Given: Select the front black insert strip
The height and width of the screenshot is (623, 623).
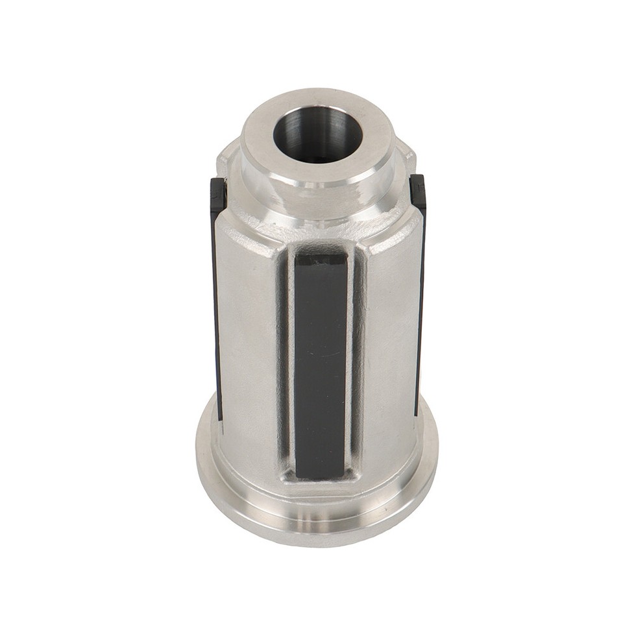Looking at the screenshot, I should point(320,363).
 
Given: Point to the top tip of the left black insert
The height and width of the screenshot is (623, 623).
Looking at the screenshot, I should point(218,185).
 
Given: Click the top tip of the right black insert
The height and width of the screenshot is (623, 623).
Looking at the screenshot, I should point(418,181).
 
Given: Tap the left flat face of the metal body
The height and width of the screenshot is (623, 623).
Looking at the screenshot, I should point(250,337).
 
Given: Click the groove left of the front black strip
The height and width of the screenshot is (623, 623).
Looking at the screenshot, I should point(285,363).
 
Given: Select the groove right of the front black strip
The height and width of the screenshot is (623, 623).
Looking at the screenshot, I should point(354,363).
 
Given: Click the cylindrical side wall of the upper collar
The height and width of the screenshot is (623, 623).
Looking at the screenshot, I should point(318,185).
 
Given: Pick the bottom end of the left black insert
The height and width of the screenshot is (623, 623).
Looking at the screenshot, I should point(220,415).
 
